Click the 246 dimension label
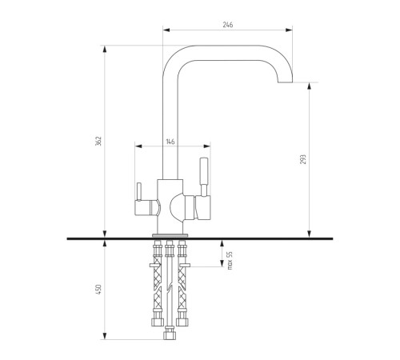(x=228, y=25)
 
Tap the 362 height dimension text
(x=98, y=141)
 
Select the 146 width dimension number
(x=170, y=142)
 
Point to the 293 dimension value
(x=303, y=159)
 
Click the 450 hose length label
(x=98, y=290)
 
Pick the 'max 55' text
(x=230, y=260)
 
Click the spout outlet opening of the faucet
(x=286, y=82)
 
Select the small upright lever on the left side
(x=139, y=191)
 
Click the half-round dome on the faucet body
(x=177, y=207)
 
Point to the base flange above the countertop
(x=170, y=235)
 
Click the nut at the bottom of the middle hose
(x=169, y=333)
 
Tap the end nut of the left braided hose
(x=158, y=322)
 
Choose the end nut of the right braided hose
(x=182, y=322)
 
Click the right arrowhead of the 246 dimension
(x=289, y=30)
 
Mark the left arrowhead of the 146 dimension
(x=138, y=146)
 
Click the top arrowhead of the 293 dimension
(x=310, y=86)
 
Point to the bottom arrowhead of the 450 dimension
(x=105, y=336)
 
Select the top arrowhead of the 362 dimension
(x=105, y=50)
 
